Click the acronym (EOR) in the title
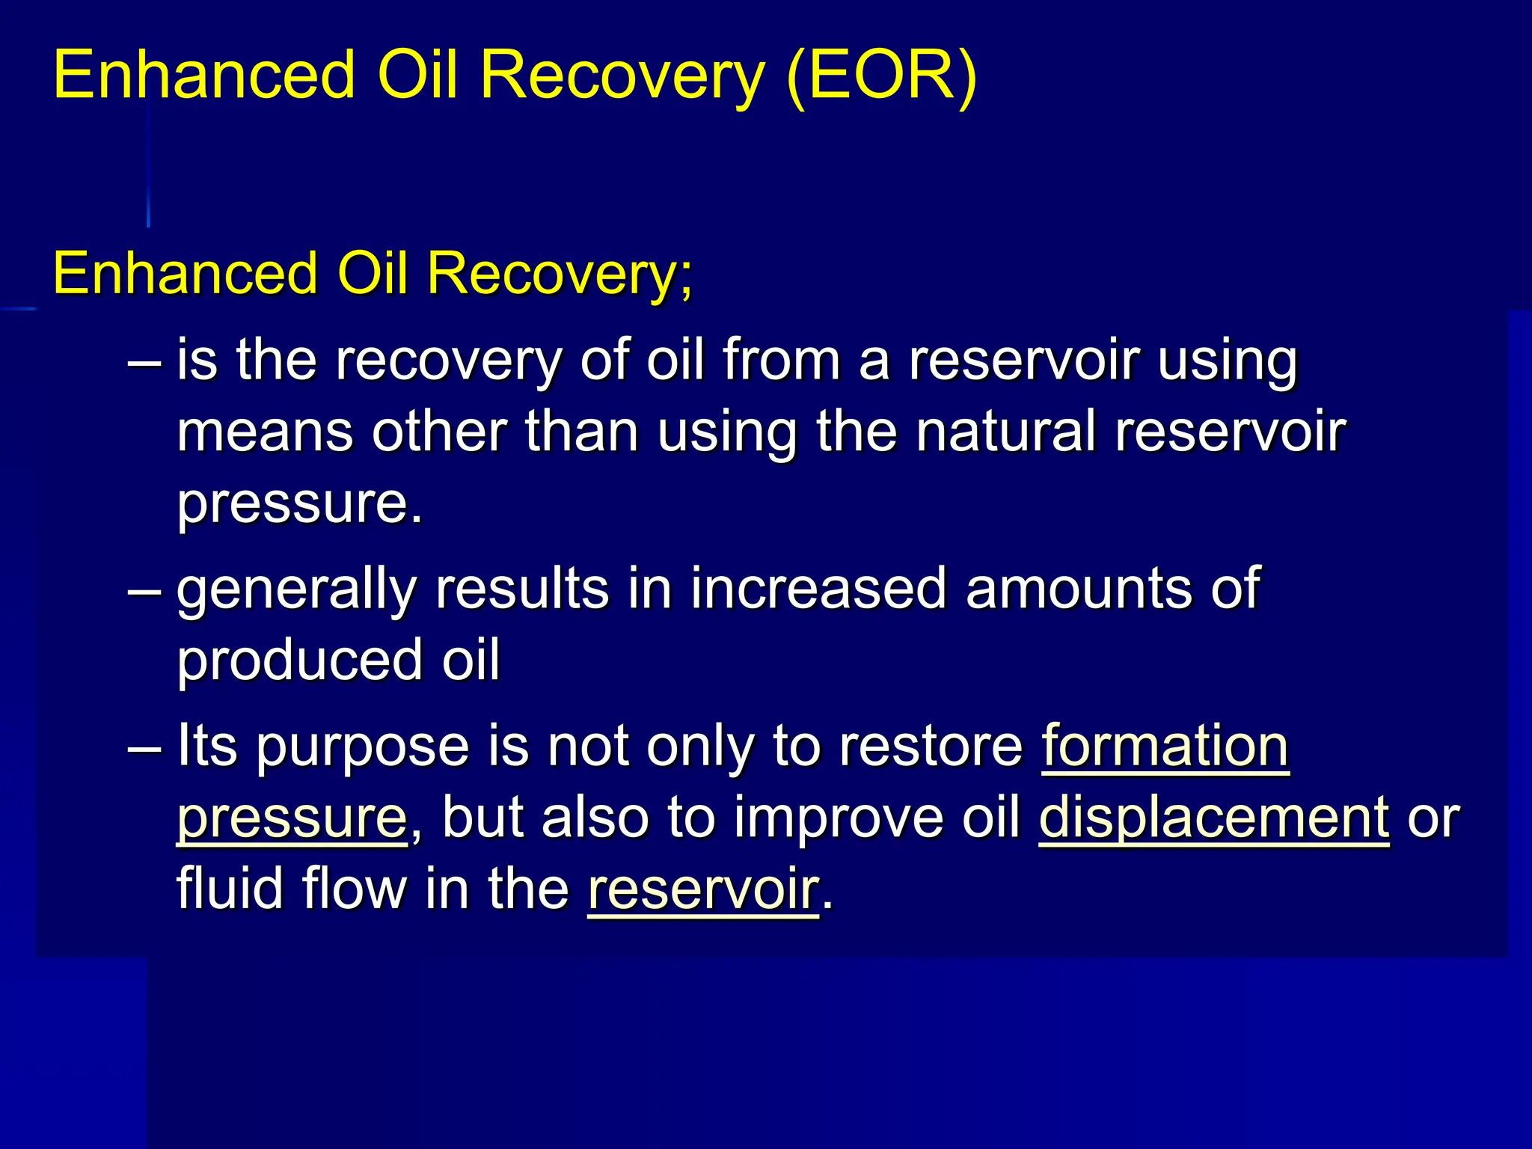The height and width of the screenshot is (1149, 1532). pos(882,75)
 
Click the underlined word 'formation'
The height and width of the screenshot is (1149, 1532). pos(1165,746)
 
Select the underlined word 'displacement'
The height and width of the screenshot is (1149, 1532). pos(1213,818)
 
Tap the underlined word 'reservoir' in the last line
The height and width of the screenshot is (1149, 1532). pos(703,889)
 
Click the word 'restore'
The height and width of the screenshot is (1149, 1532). pos(931,746)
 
